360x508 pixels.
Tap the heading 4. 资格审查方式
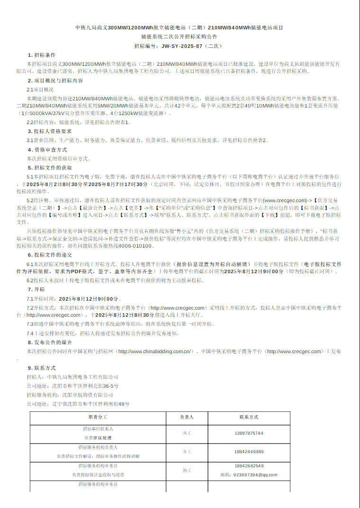click(x=47, y=150)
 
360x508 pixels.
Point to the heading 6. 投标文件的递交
click(x=50, y=255)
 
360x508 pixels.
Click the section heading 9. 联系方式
click(x=41, y=367)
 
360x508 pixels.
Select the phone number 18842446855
click(x=249, y=452)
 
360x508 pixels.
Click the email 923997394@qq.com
click(x=249, y=474)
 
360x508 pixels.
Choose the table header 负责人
click(x=187, y=418)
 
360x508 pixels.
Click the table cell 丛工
click(x=187, y=433)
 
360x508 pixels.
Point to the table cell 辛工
click(x=187, y=452)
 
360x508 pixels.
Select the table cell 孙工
click(x=187, y=470)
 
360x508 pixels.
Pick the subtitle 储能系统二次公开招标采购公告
click(x=179, y=36)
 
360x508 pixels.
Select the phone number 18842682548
click(x=249, y=466)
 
